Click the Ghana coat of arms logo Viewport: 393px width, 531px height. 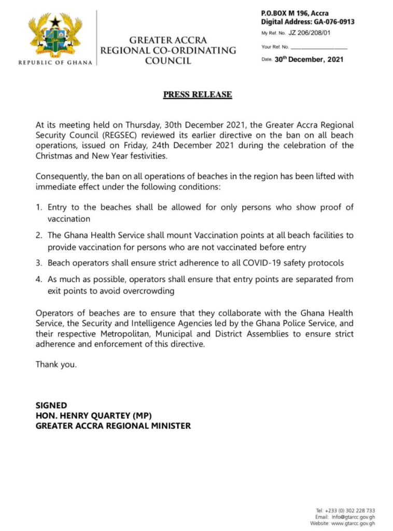pyautogui.click(x=56, y=37)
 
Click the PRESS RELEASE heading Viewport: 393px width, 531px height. pyautogui.click(x=198, y=94)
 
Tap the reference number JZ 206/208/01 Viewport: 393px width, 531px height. pyautogui.click(x=310, y=33)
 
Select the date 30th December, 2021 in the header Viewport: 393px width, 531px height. pyautogui.click(x=309, y=60)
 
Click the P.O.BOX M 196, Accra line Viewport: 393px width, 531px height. pyautogui.click(x=294, y=13)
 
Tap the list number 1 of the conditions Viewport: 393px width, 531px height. pyautogui.click(x=38, y=207)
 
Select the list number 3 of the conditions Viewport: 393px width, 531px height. pyautogui.click(x=38, y=263)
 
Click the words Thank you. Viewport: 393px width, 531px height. pyautogui.click(x=56, y=365)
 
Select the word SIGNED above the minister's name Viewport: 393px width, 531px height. pyautogui.click(x=51, y=405)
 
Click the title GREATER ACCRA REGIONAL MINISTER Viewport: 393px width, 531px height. pyautogui.click(x=113, y=426)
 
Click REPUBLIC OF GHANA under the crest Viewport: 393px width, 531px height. pyautogui.click(x=55, y=63)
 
